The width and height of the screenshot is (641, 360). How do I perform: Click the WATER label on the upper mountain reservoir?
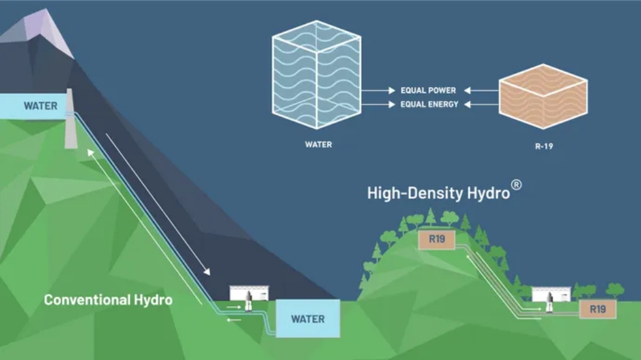pos(40,106)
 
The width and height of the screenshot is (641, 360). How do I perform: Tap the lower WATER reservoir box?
pos(308,319)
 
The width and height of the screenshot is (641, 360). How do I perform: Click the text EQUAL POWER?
pos(428,91)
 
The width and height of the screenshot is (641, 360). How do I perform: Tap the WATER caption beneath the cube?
pos(318,144)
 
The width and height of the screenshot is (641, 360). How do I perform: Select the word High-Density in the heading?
pos(405,193)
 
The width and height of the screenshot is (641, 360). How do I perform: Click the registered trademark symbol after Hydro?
pos(516,185)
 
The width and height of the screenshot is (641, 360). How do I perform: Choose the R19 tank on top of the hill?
pos(436,240)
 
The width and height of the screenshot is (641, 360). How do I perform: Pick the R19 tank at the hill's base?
pos(598,309)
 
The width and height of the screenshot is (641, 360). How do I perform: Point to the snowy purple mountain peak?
pos(45,29)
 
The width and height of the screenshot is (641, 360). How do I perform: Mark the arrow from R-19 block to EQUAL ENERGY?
pos(479,104)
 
